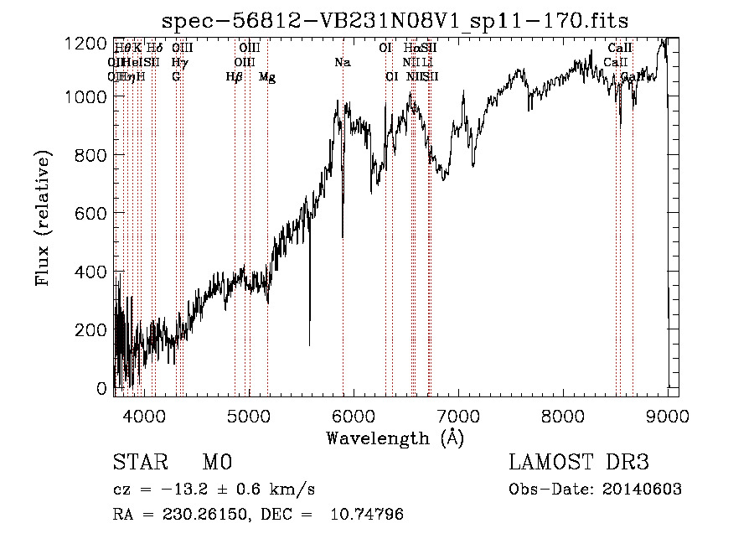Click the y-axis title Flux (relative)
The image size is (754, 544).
point(43,217)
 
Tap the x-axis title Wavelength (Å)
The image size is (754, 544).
point(395,438)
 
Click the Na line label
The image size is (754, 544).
point(342,63)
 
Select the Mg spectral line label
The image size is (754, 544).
point(267,77)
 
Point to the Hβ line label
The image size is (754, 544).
point(235,77)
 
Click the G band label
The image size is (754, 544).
point(176,77)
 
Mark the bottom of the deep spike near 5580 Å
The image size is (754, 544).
point(310,344)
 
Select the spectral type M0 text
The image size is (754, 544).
point(217,464)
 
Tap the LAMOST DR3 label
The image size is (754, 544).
point(579,463)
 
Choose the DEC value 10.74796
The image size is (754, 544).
point(369,515)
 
